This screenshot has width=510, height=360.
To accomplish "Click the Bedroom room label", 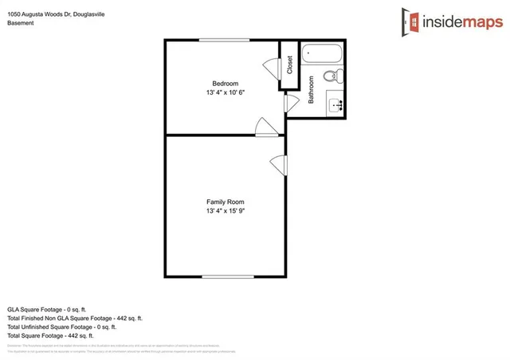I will [225, 83].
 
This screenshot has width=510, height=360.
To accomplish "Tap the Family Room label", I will [225, 202].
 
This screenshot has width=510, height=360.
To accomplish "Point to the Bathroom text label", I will [312, 90].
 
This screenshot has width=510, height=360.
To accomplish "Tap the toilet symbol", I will [338, 76].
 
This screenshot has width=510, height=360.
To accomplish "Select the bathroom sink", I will [335, 103].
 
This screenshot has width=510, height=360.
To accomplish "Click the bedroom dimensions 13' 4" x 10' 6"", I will [225, 92].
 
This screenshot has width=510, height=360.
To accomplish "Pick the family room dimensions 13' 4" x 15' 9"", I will [225, 212].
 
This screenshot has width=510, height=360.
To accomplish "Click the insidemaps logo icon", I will [410, 20].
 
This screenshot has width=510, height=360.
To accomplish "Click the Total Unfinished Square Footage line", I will [62, 327].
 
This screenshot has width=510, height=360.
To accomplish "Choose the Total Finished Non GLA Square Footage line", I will [74, 318].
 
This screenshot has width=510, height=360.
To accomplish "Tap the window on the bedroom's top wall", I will [224, 40].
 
